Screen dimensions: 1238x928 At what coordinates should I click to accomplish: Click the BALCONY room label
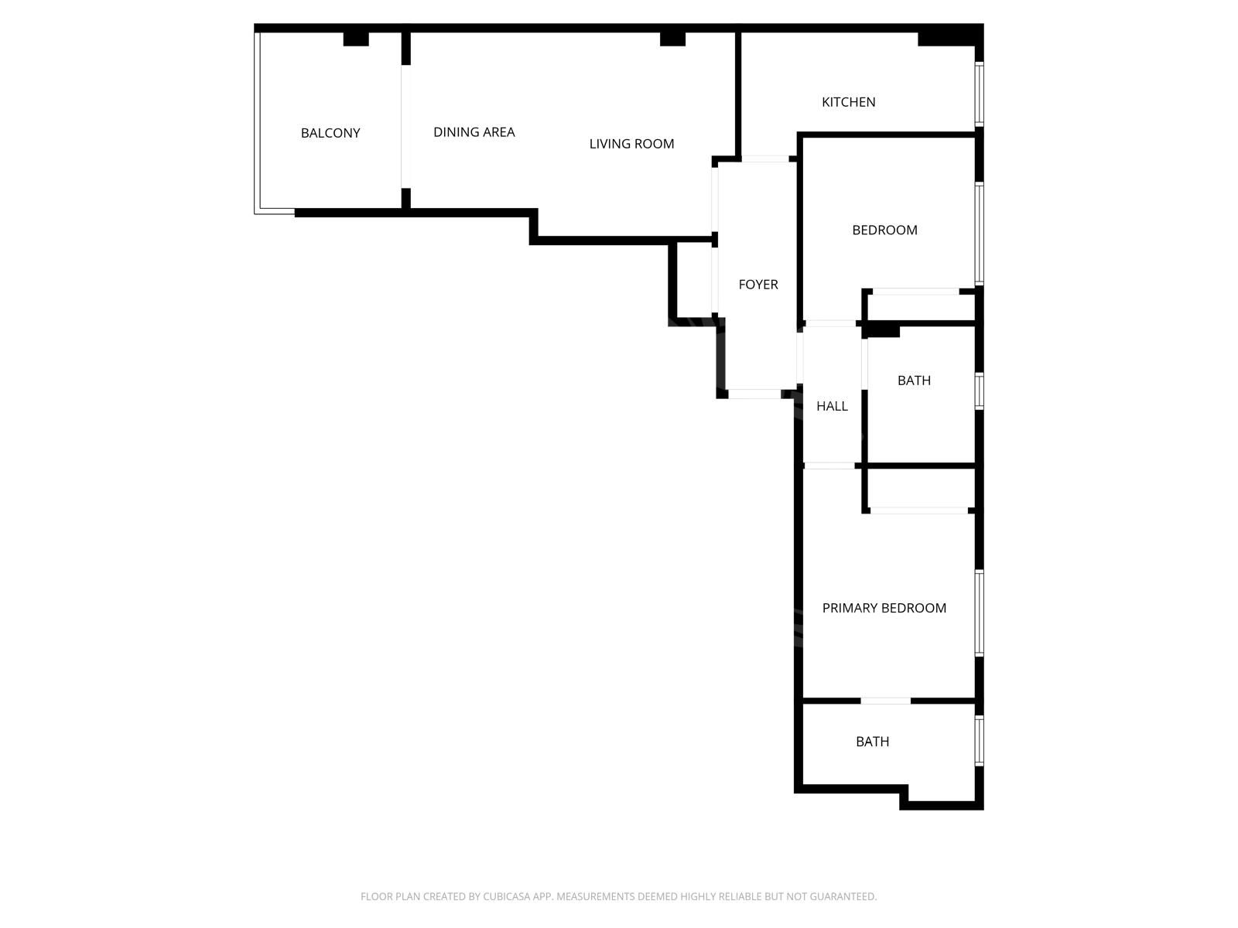coord(330,133)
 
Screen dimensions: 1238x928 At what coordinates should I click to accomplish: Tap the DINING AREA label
coord(474,131)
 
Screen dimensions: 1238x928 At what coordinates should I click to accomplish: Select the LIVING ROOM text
coord(631,144)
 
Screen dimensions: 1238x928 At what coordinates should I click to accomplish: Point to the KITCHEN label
coord(848,102)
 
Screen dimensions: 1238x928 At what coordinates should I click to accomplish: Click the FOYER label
coord(758,285)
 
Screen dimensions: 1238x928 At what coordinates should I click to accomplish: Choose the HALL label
coord(832,406)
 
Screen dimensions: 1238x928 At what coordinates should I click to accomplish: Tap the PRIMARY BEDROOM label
coord(884,608)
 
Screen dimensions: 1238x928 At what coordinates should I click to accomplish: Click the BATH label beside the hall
coord(914,380)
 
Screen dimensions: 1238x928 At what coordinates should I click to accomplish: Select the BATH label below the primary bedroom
coord(872,742)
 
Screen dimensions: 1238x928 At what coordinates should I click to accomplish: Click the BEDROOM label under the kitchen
coord(884,230)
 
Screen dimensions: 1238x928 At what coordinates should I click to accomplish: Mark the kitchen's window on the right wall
coord(980,94)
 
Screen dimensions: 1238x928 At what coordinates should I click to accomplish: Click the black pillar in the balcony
coord(356,39)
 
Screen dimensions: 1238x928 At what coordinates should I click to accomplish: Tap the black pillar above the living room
coord(672,39)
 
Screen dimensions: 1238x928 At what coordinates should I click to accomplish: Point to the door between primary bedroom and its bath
coord(885,701)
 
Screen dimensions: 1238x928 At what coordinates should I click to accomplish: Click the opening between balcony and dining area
coord(405,126)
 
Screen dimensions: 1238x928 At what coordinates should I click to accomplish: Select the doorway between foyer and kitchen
coord(764,159)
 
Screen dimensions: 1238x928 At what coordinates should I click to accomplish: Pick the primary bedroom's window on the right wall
coord(980,613)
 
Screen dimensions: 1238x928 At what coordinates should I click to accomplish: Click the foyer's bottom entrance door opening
coord(754,394)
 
